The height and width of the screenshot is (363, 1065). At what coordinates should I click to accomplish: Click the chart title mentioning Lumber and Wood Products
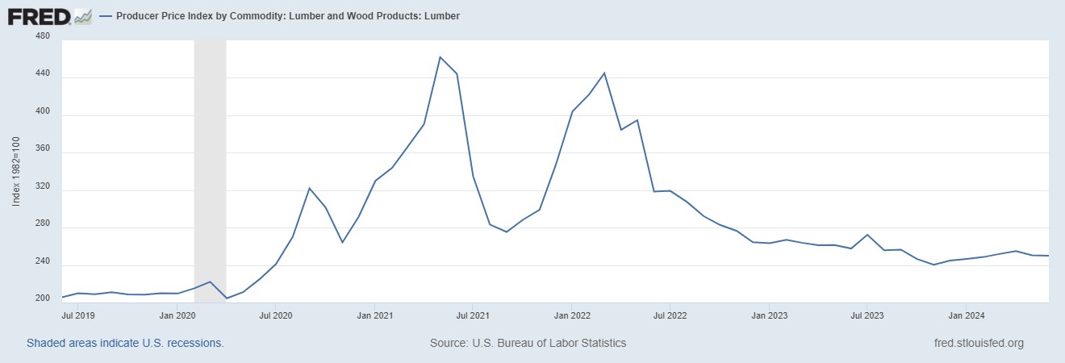tap(287, 15)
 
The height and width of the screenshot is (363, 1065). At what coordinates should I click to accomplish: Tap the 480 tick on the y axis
tap(43, 37)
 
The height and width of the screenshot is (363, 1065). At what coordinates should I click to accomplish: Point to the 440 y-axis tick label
tap(43, 74)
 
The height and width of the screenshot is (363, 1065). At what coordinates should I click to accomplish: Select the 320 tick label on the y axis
tap(43, 187)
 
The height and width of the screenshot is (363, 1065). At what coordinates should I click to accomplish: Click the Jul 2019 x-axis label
tap(78, 315)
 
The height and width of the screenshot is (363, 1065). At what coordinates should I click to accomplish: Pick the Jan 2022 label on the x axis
tap(571, 315)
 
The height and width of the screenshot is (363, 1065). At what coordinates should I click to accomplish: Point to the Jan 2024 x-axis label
tap(965, 315)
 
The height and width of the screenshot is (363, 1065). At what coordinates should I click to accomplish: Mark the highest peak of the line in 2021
tap(440, 56)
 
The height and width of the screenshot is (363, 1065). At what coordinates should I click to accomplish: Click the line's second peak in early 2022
tap(604, 73)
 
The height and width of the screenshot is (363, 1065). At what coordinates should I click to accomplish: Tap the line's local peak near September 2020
tap(309, 188)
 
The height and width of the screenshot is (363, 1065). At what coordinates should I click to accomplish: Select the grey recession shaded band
tap(210, 169)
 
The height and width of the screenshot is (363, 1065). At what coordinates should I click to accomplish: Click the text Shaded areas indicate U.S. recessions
tap(125, 343)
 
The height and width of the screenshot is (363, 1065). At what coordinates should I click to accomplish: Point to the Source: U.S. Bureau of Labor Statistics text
tap(528, 343)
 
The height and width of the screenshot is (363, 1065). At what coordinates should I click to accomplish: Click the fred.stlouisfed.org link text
tap(977, 343)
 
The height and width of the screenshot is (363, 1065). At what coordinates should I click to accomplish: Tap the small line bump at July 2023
tap(866, 235)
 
